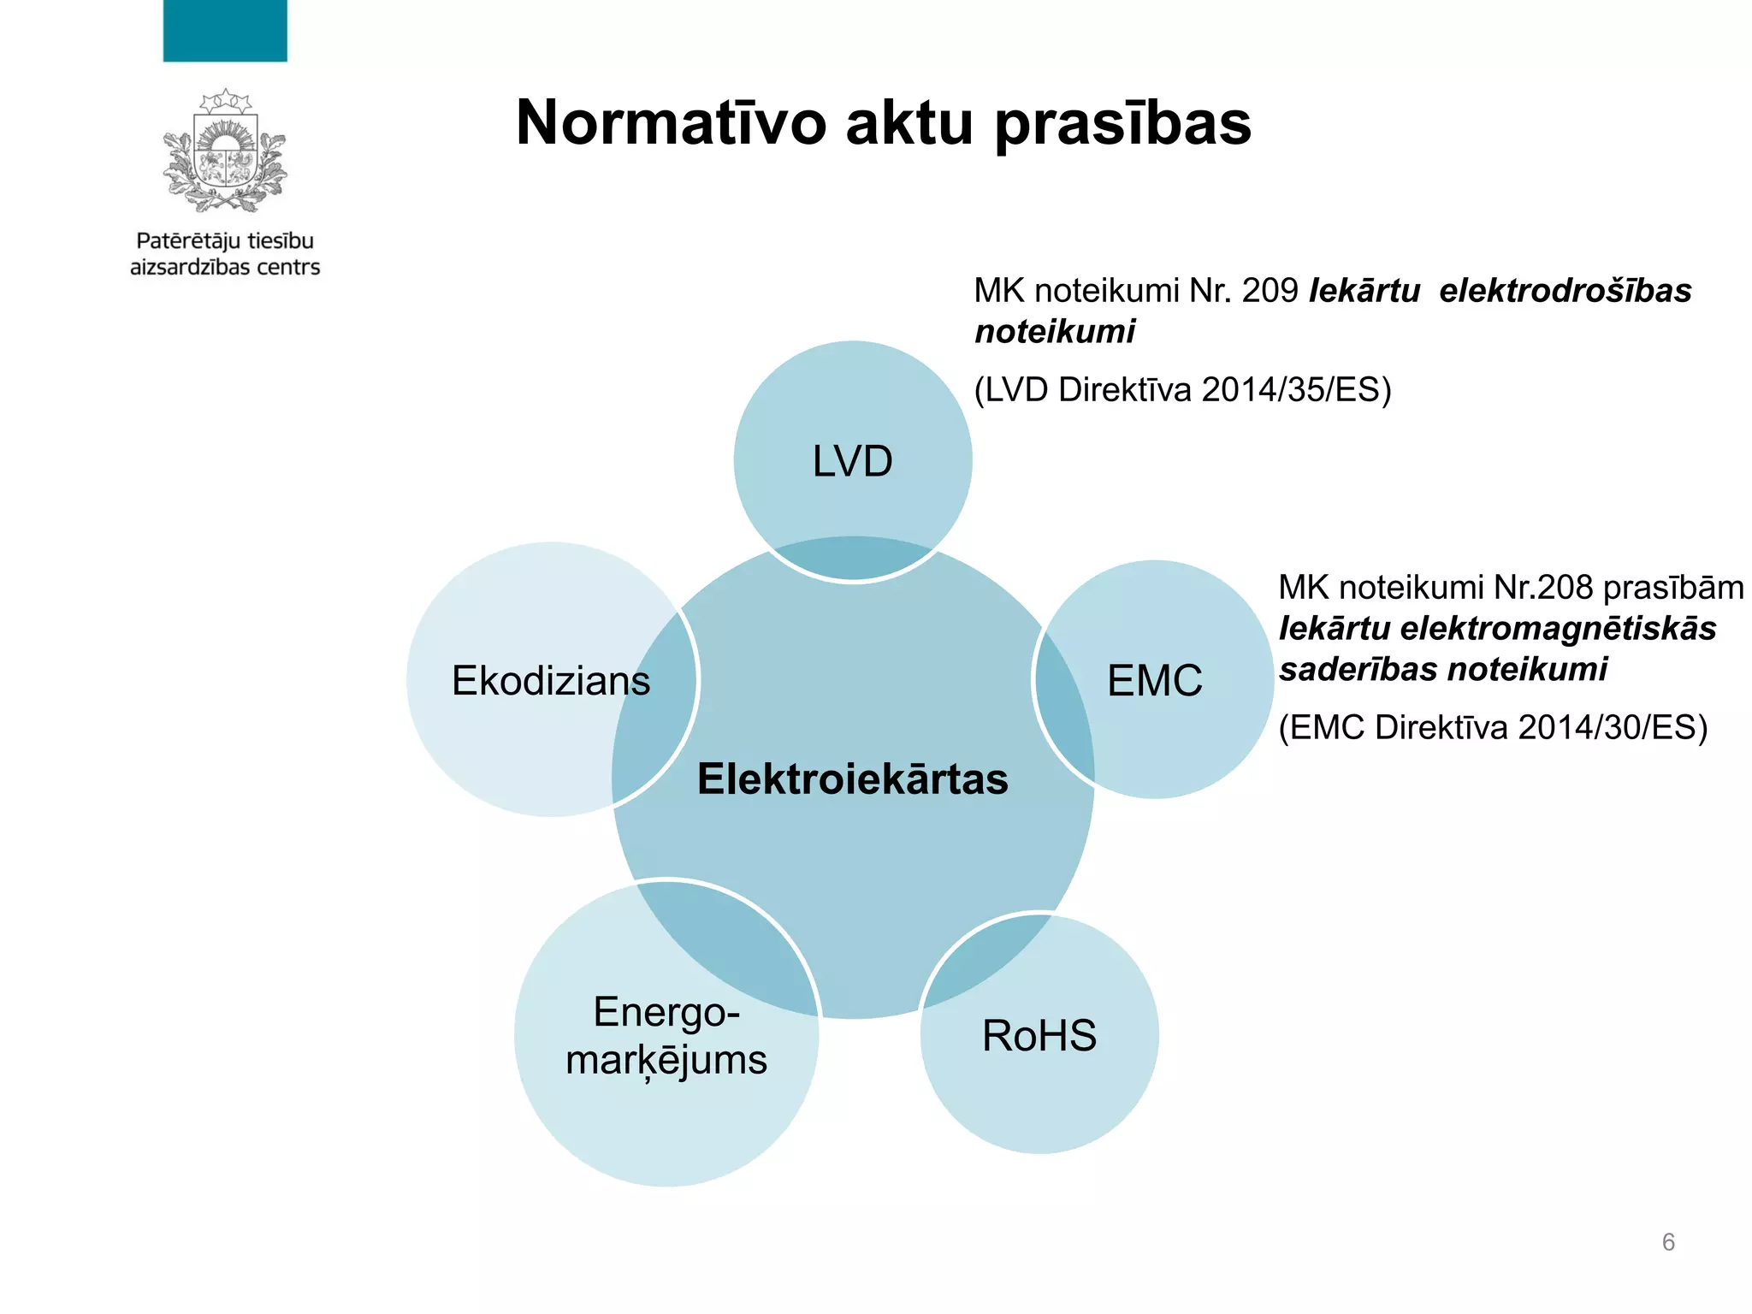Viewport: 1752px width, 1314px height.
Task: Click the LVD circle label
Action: pos(852,462)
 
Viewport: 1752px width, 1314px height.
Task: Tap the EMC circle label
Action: pos(1154,681)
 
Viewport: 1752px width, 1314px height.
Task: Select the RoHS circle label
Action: pos(1039,1036)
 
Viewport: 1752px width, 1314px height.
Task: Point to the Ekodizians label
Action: pos(551,681)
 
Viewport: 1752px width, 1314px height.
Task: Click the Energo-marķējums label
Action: pos(666,1036)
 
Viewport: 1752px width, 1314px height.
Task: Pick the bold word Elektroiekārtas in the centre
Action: pos(853,779)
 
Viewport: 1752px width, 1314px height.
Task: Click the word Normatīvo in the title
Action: pos(672,123)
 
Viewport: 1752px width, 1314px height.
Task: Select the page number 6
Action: pos(1668,1242)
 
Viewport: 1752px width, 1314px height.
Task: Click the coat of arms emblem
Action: pos(225,151)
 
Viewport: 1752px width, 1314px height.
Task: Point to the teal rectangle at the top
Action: pos(225,31)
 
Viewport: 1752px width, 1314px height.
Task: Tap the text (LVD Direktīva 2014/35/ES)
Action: pos(1183,390)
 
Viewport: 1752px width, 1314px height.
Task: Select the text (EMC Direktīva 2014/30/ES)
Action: pos(1493,728)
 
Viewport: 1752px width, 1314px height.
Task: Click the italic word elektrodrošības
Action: pos(1565,292)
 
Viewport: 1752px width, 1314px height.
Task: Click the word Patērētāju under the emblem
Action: pos(185,242)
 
